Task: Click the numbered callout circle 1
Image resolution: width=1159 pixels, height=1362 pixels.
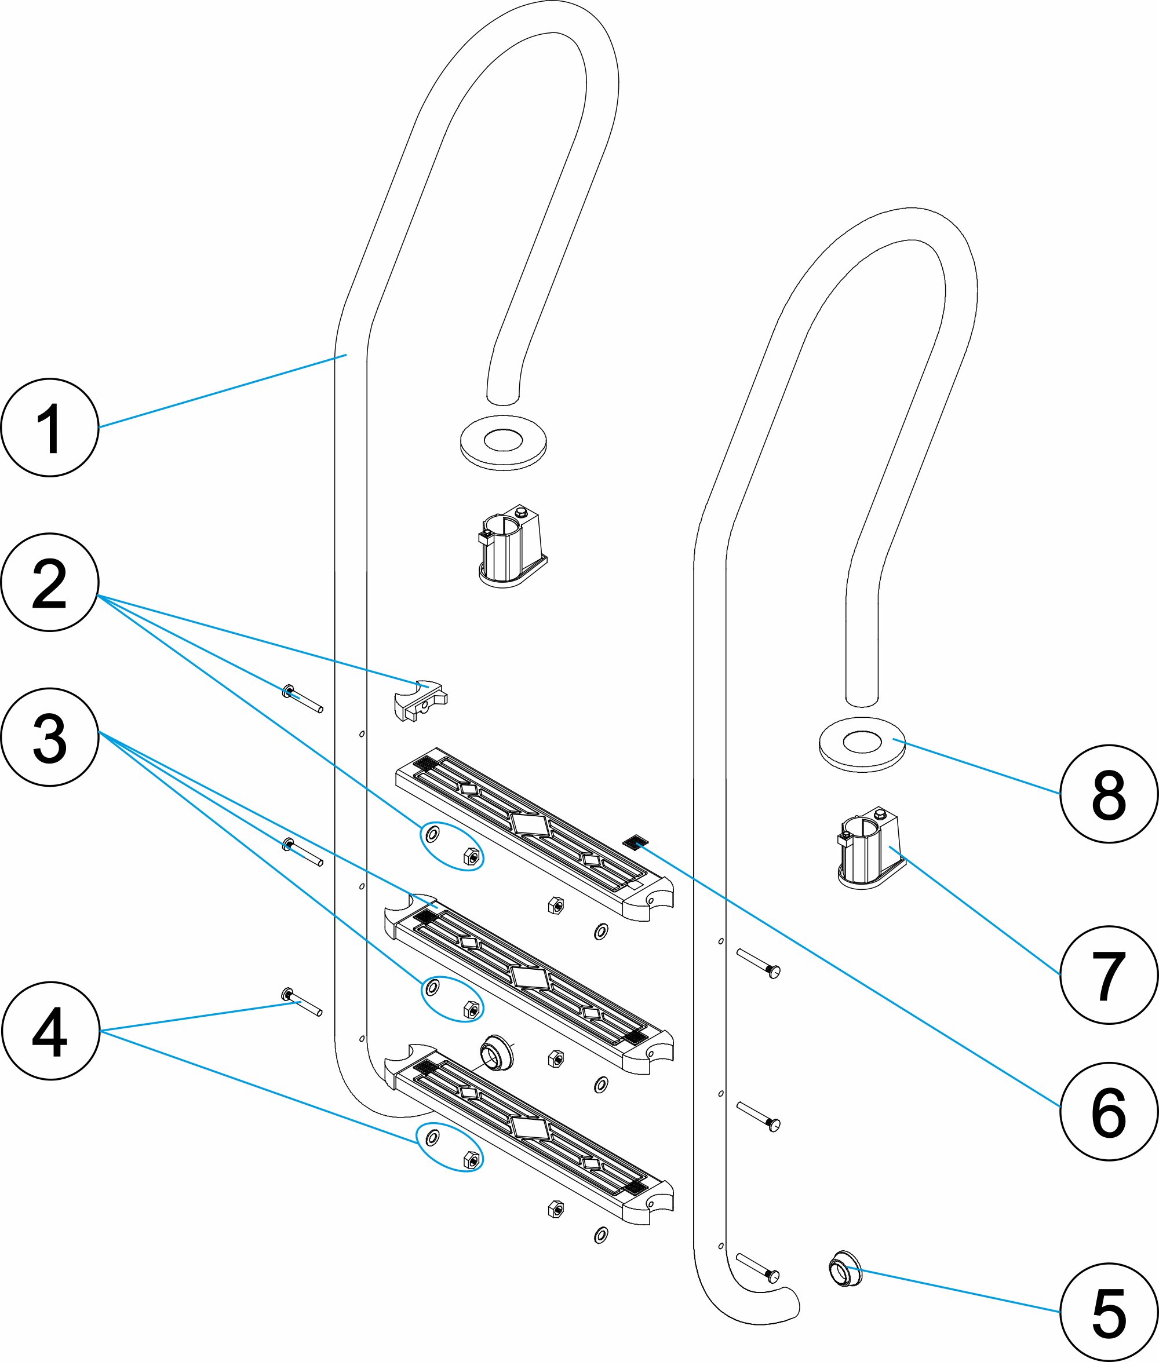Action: coord(50,428)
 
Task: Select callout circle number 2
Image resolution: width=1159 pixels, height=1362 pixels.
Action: coord(50,582)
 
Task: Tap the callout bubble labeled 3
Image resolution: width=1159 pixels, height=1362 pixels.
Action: coord(50,736)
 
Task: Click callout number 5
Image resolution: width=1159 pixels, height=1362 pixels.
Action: coord(1109,1312)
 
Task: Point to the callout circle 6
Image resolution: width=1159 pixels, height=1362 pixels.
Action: coord(1109,1111)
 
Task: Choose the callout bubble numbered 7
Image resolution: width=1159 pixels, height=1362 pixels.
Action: coord(1109,974)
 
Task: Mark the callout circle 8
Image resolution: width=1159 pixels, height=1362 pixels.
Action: coord(1109,794)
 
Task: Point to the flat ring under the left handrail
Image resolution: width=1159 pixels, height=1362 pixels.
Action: coord(503,442)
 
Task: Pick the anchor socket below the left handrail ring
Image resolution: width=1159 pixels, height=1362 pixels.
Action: coord(511,546)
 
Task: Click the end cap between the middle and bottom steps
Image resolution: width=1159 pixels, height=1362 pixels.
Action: coord(497,1053)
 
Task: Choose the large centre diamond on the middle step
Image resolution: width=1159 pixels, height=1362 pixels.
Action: coord(530,978)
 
